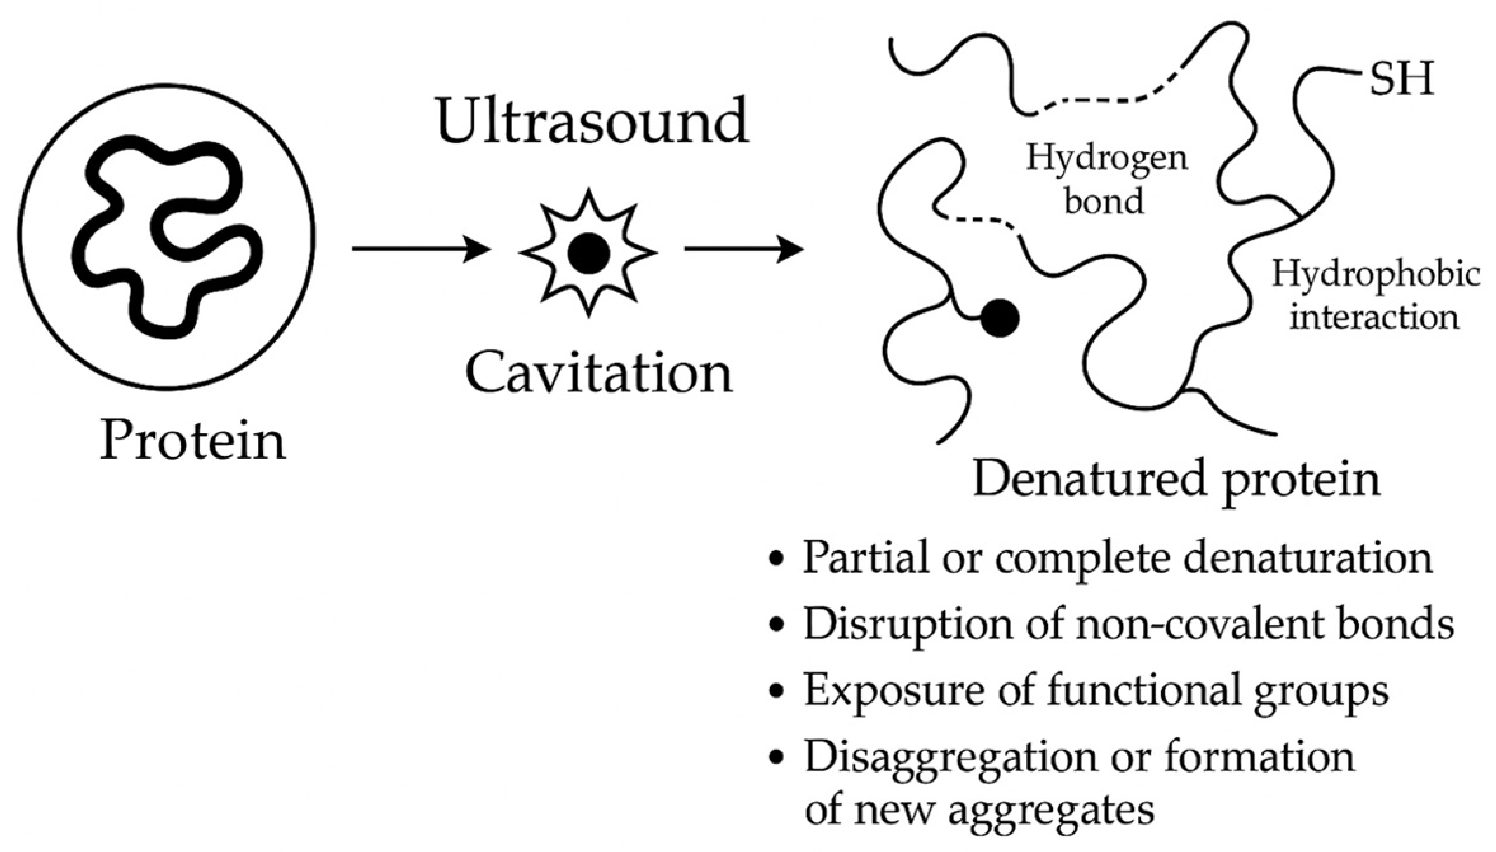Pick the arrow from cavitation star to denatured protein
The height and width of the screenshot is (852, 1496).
pos(743,250)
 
